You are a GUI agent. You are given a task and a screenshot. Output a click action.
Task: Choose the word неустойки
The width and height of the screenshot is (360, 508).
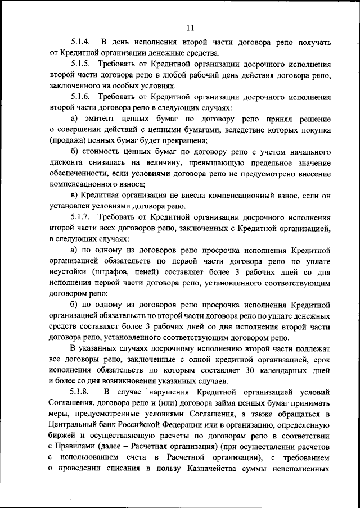tap(69, 271)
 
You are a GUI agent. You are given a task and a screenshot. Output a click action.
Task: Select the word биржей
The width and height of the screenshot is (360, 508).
tap(64, 435)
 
